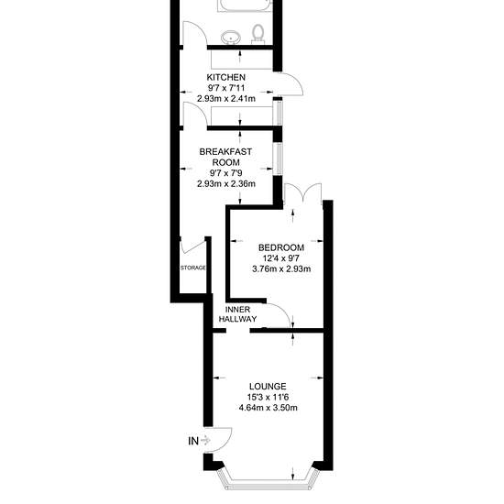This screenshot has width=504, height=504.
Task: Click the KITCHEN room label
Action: (x=225, y=78)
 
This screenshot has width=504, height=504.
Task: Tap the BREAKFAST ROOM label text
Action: (x=225, y=157)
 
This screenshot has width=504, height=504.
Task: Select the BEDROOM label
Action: (x=281, y=247)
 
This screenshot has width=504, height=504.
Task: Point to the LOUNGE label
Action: (x=268, y=386)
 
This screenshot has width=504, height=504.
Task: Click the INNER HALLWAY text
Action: (x=238, y=314)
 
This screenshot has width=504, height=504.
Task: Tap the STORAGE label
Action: (x=192, y=268)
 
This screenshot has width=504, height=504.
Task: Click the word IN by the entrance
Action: (x=193, y=441)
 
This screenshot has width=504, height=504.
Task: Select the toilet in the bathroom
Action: (x=257, y=34)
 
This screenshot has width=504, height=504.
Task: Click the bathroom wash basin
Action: (x=231, y=38)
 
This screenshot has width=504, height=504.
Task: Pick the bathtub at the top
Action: (x=245, y=5)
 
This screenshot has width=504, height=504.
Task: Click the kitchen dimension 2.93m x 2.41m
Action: (x=226, y=99)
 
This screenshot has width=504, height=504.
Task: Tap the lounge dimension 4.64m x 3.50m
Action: (x=268, y=408)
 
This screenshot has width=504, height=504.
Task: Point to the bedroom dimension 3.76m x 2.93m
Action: (x=281, y=268)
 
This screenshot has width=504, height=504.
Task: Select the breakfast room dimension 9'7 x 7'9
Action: (x=226, y=173)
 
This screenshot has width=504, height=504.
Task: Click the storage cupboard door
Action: (x=192, y=246)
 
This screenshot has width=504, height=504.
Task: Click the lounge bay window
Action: (x=268, y=484)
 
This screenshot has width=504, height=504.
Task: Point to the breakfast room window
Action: (x=278, y=159)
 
